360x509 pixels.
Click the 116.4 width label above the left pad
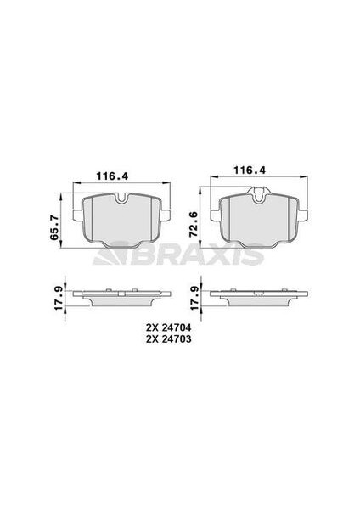pyautogui.click(x=111, y=176)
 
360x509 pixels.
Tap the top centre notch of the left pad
pyautogui.click(x=121, y=202)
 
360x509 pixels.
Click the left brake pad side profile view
pyautogui.click(x=121, y=298)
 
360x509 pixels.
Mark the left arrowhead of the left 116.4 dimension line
pyautogui.click(x=77, y=184)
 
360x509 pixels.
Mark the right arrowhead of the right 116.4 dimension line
pyautogui.click(x=301, y=179)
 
